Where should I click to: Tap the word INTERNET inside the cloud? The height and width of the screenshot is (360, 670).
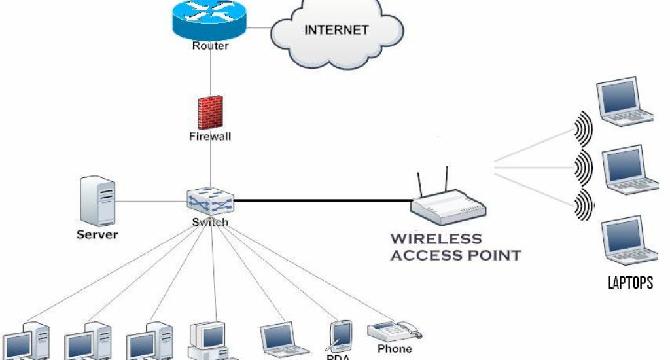336,29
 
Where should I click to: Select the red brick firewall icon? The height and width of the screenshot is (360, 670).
210,112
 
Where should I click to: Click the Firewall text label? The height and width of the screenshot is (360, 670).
209,137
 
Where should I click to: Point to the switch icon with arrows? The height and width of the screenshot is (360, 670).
210,201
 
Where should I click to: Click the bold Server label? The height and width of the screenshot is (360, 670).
97,234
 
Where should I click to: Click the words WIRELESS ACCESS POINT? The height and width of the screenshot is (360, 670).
455,247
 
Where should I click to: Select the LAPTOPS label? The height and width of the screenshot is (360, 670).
630,283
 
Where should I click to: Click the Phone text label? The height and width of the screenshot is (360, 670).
395,349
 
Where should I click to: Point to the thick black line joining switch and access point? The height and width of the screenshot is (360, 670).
321,200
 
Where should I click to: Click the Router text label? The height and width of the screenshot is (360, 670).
210,46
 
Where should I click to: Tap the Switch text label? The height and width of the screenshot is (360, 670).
210,223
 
